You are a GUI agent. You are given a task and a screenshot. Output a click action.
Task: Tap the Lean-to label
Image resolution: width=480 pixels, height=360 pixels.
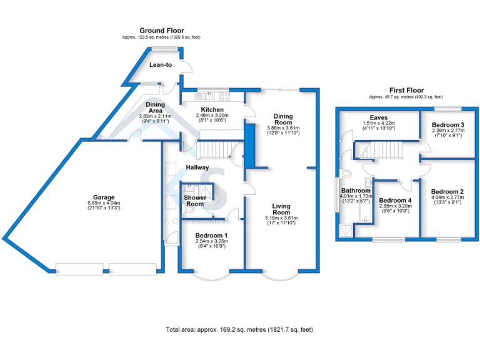pyautogui.click(x=161, y=64)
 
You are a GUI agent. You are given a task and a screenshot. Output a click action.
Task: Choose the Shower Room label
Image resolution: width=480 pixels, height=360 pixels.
pyautogui.click(x=194, y=201)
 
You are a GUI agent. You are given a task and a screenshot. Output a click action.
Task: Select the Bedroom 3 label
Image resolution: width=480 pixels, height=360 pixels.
pyautogui.click(x=448, y=125)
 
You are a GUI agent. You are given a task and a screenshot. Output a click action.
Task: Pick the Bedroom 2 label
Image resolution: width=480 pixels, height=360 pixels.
pyautogui.click(x=447, y=191)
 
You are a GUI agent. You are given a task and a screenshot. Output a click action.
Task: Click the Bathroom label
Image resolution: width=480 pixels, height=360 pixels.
pyautogui.click(x=355, y=190)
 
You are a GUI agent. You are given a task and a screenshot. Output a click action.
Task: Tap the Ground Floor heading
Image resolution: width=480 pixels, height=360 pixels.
pyautogui.click(x=161, y=30)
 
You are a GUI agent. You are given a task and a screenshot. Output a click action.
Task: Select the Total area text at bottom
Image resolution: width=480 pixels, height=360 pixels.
pyautogui.click(x=239, y=329)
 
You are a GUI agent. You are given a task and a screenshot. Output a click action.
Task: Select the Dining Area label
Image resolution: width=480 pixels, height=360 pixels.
pyautogui.click(x=155, y=107)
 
